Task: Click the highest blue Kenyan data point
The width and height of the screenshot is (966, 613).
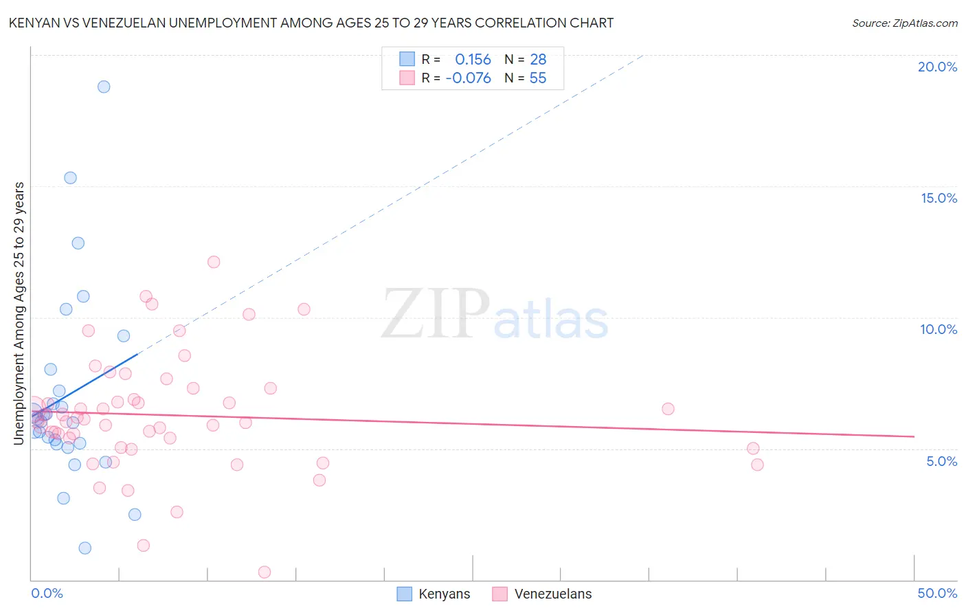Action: pyautogui.click(x=104, y=87)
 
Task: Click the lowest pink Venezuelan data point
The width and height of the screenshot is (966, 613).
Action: pyautogui.click(x=264, y=572)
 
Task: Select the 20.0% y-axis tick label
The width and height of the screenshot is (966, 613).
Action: pyautogui.click(x=937, y=67)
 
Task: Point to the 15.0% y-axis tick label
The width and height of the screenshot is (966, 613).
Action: pyautogui.click(x=939, y=198)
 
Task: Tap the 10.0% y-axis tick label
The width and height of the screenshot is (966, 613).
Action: pyautogui.click(x=939, y=329)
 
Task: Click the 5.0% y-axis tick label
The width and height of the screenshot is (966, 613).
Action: pyautogui.click(x=941, y=461)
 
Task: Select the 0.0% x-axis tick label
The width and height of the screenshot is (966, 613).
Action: pyautogui.click(x=47, y=593)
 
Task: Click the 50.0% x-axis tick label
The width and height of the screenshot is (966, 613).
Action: pyautogui.click(x=937, y=593)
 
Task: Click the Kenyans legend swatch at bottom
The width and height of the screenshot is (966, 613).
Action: pyautogui.click(x=405, y=594)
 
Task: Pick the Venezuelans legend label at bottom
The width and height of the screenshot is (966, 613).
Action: pyautogui.click(x=552, y=594)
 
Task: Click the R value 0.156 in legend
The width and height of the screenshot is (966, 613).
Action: pyautogui.click(x=473, y=60)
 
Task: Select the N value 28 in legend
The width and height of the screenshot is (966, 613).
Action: pyautogui.click(x=538, y=60)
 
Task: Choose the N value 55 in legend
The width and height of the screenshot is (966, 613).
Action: pyautogui.click(x=538, y=78)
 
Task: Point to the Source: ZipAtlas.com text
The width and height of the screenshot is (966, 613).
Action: pyautogui.click(x=904, y=23)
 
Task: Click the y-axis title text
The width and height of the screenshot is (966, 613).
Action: pyautogui.click(x=19, y=313)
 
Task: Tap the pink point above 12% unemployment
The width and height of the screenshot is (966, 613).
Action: pyautogui.click(x=214, y=262)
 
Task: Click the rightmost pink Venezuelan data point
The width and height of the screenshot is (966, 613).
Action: pyautogui.click(x=757, y=465)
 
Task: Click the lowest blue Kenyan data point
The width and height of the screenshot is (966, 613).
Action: pyautogui.click(x=85, y=548)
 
